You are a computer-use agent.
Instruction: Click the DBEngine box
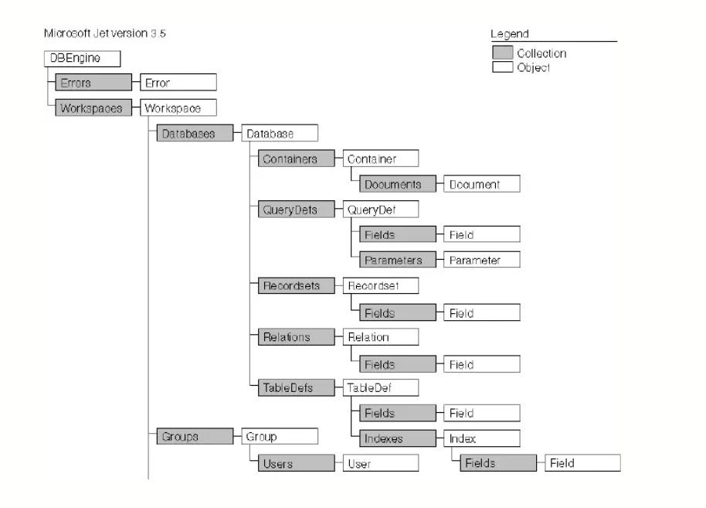pos(83,59)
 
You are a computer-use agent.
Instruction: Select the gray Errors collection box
pos(93,83)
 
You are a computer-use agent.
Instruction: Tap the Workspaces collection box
pos(93,107)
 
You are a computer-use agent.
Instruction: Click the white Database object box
pos(280,133)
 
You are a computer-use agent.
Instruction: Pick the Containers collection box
pos(297,159)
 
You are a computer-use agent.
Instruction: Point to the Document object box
pos(482,184)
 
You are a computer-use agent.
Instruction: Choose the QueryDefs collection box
pos(297,209)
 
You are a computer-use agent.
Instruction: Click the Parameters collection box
pos(398,260)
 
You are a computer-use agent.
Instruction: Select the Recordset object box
pos(381,286)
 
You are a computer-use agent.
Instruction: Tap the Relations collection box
pos(297,336)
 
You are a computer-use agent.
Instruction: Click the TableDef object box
pos(381,387)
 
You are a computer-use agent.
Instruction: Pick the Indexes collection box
pos(398,438)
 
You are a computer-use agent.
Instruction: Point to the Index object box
pos(482,438)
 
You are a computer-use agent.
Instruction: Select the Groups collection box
pos(195,436)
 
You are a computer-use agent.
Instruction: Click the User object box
pos(381,463)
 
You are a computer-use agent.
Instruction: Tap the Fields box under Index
pos(498,463)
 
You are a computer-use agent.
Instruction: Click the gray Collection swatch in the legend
pos(503,53)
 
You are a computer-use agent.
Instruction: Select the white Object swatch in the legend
pos(503,67)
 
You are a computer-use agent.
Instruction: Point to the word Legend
pos(510,34)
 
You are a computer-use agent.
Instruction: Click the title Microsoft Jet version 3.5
pos(105,33)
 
